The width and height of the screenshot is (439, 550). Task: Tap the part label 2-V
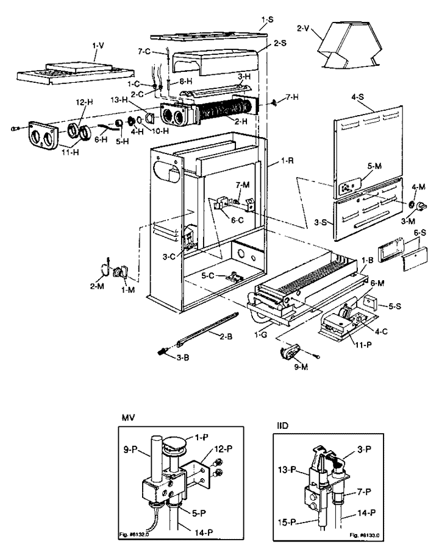tap(304, 29)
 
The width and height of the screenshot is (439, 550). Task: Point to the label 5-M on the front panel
tap(374, 166)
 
